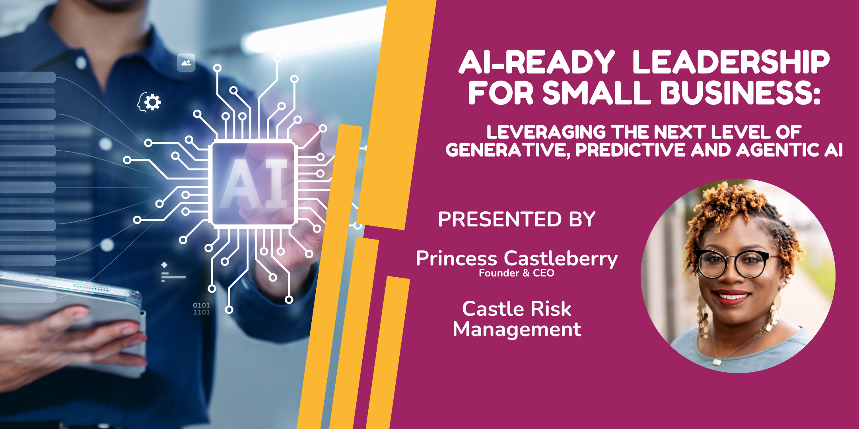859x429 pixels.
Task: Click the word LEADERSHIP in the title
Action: pyautogui.click(x=731, y=62)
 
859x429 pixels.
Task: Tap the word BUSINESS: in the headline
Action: pyautogui.click(x=740, y=93)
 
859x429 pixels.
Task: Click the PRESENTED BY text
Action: pyautogui.click(x=517, y=219)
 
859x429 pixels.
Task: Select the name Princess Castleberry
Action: pyautogui.click(x=517, y=259)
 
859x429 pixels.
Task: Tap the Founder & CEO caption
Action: pyautogui.click(x=517, y=273)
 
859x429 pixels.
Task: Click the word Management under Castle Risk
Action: pyautogui.click(x=517, y=330)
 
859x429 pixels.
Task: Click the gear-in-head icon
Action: pyautogui.click(x=149, y=102)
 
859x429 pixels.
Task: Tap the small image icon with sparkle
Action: pyautogui.click(x=186, y=62)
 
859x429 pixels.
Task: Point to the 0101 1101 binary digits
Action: pyautogui.click(x=201, y=309)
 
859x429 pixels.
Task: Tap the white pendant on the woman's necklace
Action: pyautogui.click(x=717, y=362)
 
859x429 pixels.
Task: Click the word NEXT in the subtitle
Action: pyautogui.click(x=681, y=132)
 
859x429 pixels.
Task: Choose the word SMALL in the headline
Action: pyautogui.click(x=597, y=93)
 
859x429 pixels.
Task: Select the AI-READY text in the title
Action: pyautogui.click(x=537, y=62)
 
